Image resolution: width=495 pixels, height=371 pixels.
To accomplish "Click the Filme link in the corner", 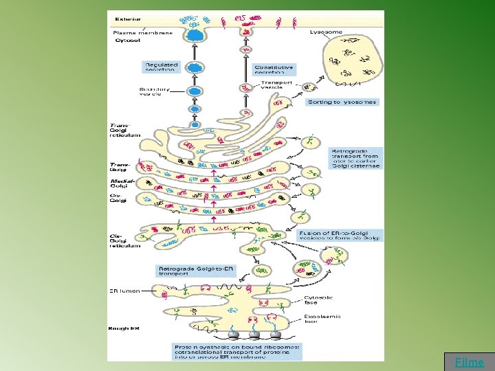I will pos(470,362).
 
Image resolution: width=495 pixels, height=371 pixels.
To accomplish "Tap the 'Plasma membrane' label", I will pos(137,32).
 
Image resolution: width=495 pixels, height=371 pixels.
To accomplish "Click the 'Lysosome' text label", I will pos(326,32).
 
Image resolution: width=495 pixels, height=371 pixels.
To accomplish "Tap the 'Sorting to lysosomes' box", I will pos(342,102).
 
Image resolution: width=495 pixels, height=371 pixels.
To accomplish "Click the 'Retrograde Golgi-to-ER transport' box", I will pos(197,271).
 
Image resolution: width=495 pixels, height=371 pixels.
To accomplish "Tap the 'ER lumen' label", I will pos(124,291).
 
